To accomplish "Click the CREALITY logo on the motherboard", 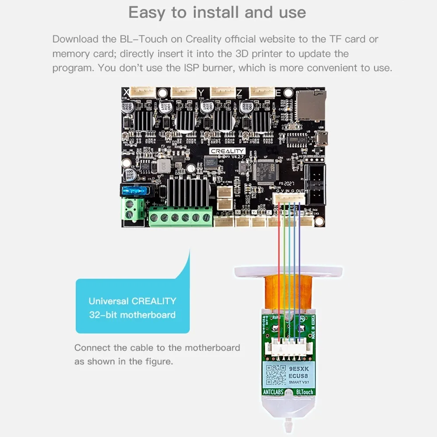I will coord(227,150).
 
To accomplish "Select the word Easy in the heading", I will coord(147,13).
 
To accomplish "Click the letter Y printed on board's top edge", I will coord(201,92).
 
